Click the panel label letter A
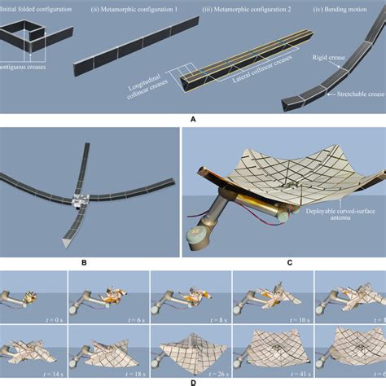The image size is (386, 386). coord(193,118)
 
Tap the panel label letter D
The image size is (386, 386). coord(193,381)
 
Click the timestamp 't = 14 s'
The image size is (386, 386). coord(54,368)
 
